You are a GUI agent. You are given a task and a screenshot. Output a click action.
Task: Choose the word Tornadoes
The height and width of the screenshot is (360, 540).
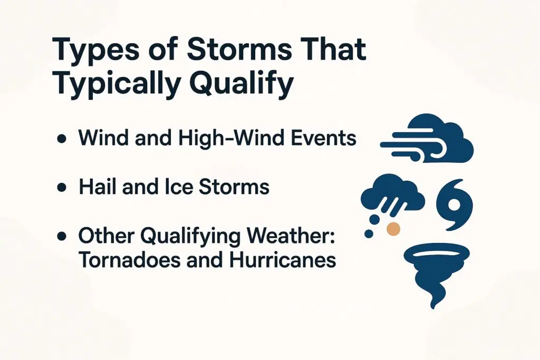point(127,260)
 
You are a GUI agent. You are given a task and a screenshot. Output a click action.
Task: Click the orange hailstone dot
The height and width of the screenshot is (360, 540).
point(393,228)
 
